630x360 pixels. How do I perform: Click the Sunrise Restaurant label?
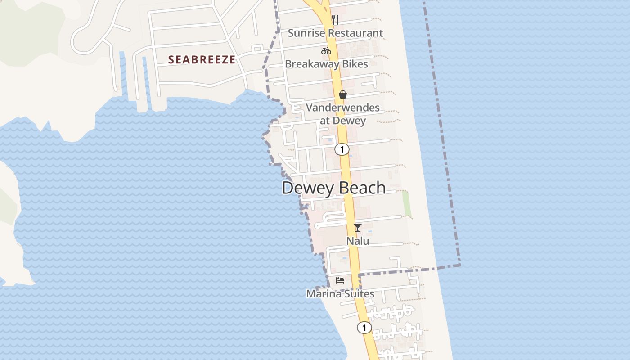pos(335,33)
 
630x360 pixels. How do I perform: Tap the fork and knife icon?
pos(335,19)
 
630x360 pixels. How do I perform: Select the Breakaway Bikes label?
pos(326,64)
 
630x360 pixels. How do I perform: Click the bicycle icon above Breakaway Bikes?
pos(326,51)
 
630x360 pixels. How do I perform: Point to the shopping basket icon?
pos(343,94)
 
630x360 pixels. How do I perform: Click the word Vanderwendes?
pos(343,108)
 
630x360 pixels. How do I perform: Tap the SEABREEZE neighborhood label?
pos(202,59)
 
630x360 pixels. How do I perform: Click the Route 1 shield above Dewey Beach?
pos(342,149)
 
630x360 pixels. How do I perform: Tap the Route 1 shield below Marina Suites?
pos(364,328)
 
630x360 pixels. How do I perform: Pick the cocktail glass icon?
pos(358,228)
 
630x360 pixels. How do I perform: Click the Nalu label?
pos(358,241)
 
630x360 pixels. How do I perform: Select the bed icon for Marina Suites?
pos(340,280)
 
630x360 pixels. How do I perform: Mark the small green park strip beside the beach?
pos(407,203)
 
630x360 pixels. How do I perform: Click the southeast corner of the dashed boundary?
pos(459,265)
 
